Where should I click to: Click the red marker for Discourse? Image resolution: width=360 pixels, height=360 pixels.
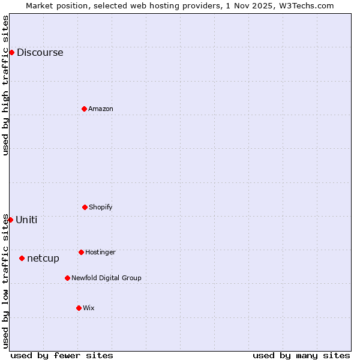11,52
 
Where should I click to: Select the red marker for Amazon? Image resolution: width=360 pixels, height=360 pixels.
84,109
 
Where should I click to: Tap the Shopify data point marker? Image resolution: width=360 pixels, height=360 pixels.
85,207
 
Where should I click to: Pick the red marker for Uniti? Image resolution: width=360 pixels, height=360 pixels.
10,220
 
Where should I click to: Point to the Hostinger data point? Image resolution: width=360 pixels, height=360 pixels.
81,252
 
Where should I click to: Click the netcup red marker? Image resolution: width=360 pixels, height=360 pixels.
22,258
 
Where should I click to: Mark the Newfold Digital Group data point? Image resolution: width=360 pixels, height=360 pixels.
67,278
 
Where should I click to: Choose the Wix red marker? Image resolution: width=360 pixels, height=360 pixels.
79,308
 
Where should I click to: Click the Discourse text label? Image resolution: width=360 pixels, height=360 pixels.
40,52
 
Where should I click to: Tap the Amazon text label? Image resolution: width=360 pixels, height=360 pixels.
101,109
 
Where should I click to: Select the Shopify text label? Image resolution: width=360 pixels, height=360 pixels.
101,207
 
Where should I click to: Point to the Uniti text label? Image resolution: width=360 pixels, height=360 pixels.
26,220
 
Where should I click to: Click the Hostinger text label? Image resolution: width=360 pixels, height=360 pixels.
100,252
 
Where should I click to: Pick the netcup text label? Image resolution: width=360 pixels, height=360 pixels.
43,259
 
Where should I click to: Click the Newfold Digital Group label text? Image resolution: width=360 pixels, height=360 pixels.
106,278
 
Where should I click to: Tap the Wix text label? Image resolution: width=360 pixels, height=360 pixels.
89,308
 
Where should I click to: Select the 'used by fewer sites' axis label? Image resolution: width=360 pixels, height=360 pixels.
62,355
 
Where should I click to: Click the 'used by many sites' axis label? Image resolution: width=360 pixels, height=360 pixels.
301,355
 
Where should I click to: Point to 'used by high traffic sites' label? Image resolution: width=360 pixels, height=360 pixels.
5,85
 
